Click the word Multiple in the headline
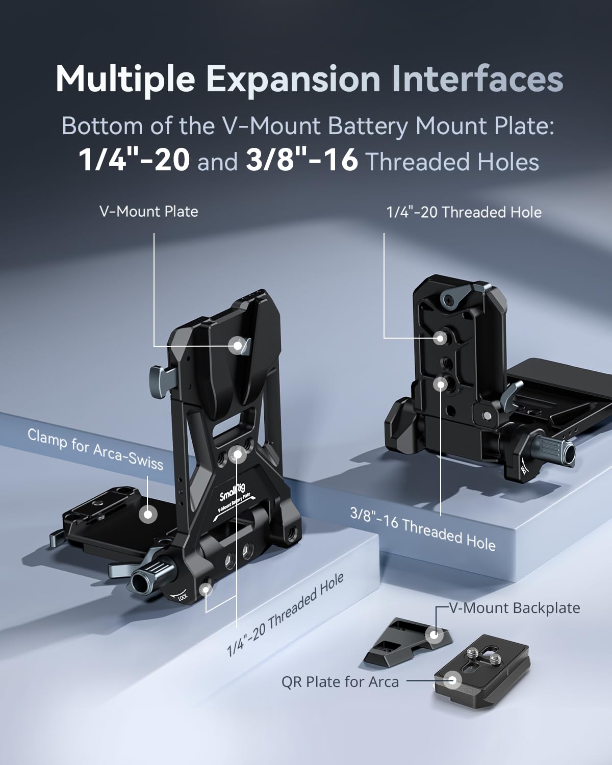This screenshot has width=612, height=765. click(x=125, y=80)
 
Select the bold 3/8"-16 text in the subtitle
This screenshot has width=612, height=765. click(x=302, y=161)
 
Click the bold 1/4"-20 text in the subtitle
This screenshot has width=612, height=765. click(x=134, y=161)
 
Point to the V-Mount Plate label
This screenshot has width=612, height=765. click(x=149, y=212)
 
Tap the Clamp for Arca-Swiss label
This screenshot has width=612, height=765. click(x=95, y=449)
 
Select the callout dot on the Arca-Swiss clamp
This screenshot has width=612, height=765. click(x=148, y=514)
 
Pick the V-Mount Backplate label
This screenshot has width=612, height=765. click(x=515, y=608)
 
